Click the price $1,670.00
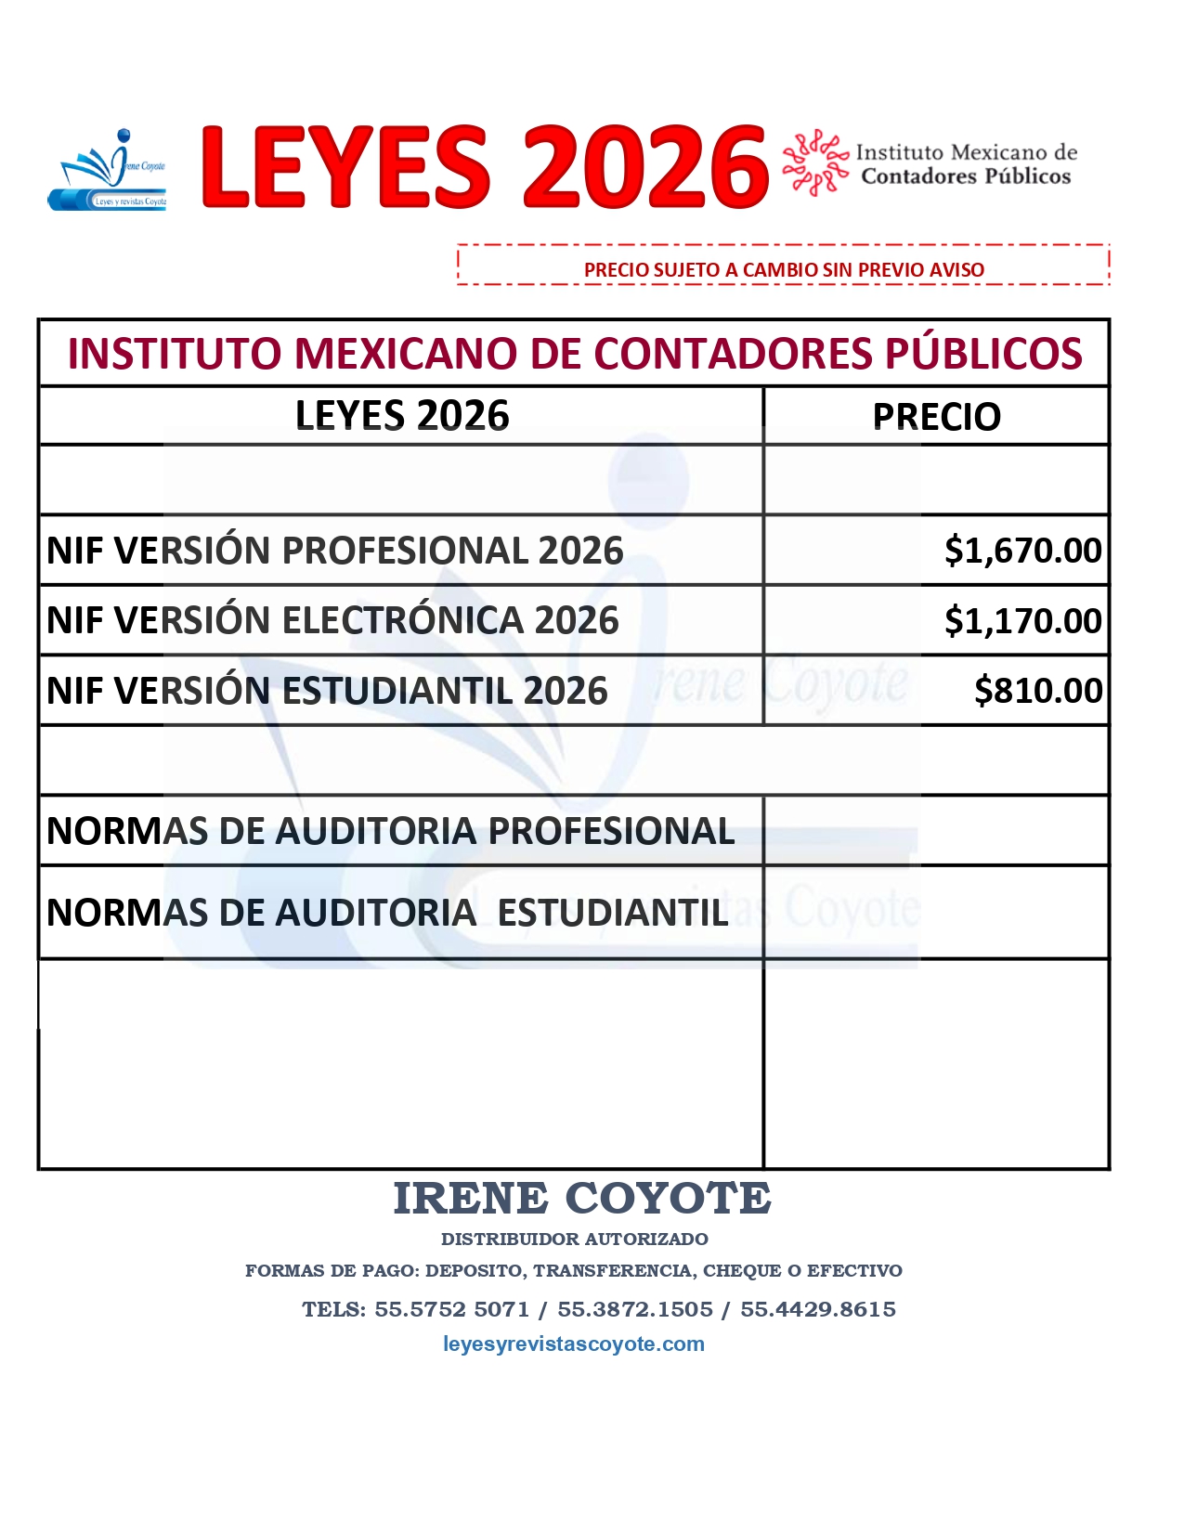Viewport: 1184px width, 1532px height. point(1022,551)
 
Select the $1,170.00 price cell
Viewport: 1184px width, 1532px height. point(1022,620)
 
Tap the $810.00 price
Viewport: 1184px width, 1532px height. point(1037,691)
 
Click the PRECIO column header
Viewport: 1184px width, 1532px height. point(936,417)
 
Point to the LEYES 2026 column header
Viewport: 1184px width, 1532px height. point(402,416)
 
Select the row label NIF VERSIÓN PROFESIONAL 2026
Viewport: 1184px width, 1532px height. point(335,551)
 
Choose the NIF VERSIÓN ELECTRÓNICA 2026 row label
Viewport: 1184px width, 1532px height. point(332,620)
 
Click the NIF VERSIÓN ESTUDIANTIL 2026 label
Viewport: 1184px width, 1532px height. point(327,691)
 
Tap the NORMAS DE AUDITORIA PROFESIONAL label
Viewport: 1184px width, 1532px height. point(390,831)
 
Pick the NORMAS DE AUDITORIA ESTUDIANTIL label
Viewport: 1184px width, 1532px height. point(387,913)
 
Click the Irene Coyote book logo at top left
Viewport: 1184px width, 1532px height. point(109,171)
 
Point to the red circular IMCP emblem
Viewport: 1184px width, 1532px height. point(814,163)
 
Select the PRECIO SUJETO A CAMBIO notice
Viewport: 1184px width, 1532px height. point(784,270)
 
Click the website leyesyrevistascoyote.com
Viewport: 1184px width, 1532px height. point(574,1344)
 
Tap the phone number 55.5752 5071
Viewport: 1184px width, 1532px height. point(451,1309)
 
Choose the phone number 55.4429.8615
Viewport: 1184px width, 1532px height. point(818,1309)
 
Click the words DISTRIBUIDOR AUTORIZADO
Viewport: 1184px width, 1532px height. point(574,1239)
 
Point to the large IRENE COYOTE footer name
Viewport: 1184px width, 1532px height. point(582,1198)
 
